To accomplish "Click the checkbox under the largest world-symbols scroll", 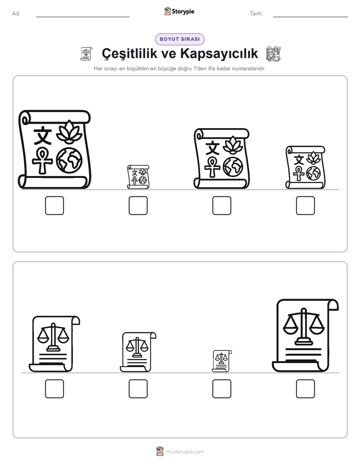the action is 54,205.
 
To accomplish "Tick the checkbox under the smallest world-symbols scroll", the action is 138,205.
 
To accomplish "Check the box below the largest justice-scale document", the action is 306,389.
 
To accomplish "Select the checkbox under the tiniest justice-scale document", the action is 222,389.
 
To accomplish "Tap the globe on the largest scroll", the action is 69,160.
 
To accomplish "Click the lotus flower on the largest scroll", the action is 69,132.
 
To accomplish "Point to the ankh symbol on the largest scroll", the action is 42,161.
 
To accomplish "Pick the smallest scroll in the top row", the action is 138,177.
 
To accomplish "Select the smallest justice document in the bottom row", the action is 222,361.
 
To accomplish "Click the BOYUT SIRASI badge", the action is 179,39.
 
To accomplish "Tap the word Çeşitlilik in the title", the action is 129,54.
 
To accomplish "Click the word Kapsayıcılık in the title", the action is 219,54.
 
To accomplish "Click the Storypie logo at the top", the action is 179,12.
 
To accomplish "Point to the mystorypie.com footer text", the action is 185,452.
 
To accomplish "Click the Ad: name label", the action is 16,14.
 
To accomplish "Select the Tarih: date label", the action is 256,14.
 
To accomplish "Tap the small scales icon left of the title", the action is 86,54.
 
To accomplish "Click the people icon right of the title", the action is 273,54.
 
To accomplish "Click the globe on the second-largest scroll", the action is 233,167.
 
